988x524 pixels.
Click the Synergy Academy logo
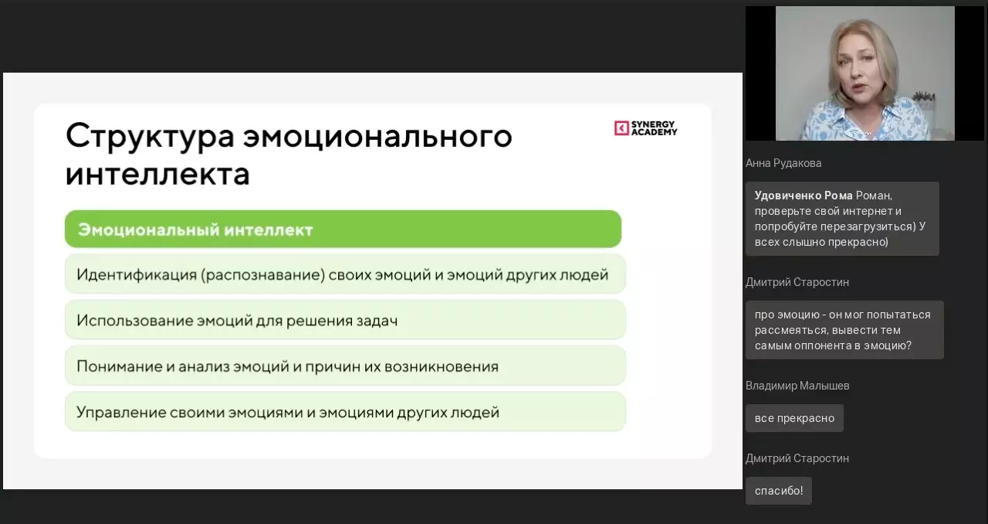pyautogui.click(x=646, y=128)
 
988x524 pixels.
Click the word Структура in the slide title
pyautogui.click(x=150, y=137)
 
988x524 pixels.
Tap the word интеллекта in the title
pyautogui.click(x=157, y=174)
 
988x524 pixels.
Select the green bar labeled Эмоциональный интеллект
pyautogui.click(x=343, y=229)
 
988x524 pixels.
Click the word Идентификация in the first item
pyautogui.click(x=137, y=275)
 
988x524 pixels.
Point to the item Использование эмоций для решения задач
pyautogui.click(x=345, y=320)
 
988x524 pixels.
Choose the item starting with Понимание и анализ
pyautogui.click(x=345, y=366)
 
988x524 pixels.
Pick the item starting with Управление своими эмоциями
pyautogui.click(x=345, y=412)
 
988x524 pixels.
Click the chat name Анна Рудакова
pyautogui.click(x=783, y=164)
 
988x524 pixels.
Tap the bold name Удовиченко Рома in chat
pyautogui.click(x=804, y=196)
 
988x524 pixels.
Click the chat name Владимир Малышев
pyautogui.click(x=797, y=386)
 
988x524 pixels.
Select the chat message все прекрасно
pyautogui.click(x=794, y=418)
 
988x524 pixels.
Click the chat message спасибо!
pyautogui.click(x=779, y=491)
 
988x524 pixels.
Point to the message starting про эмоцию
pyautogui.click(x=844, y=330)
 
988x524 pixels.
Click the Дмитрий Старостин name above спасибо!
pyautogui.click(x=797, y=458)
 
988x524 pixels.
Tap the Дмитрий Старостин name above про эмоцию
pyautogui.click(x=797, y=282)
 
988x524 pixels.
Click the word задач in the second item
pyautogui.click(x=377, y=320)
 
